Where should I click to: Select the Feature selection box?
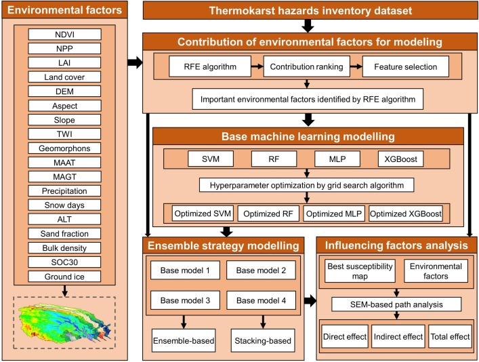coord(405,67)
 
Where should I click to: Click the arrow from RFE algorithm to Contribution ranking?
coord(251,67)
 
